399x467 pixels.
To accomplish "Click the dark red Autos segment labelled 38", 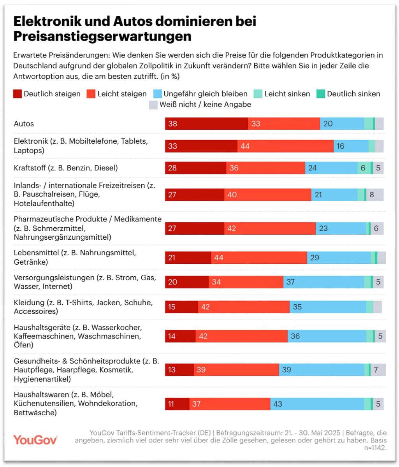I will [x=206, y=124].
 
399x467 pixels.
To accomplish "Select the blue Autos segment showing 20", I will [x=342, y=124].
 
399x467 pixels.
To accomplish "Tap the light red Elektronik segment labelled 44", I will [x=285, y=146].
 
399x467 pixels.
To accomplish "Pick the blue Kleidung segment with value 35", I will [x=328, y=307].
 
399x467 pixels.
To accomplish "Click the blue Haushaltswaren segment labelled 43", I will [x=317, y=404].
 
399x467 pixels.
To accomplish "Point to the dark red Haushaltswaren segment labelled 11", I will [x=177, y=404].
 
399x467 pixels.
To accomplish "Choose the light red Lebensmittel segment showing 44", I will [x=259, y=258].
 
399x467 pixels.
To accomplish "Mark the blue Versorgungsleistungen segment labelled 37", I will [x=323, y=282].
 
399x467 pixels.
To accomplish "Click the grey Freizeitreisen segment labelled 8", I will [x=374, y=195].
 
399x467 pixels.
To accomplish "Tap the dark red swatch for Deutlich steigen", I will [x=18, y=94].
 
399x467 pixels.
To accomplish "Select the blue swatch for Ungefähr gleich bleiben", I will [x=157, y=94].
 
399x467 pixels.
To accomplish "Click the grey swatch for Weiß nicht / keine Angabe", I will [x=153, y=105].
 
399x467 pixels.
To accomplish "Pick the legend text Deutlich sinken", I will [x=353, y=94].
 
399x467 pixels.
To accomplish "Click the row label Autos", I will [x=24, y=124].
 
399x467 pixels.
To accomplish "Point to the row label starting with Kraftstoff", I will [x=66, y=168].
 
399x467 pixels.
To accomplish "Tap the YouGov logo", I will [x=35, y=440].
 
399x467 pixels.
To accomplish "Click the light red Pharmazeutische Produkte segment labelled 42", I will [x=270, y=228].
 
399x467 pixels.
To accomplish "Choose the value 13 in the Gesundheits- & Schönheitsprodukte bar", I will [x=172, y=370].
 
